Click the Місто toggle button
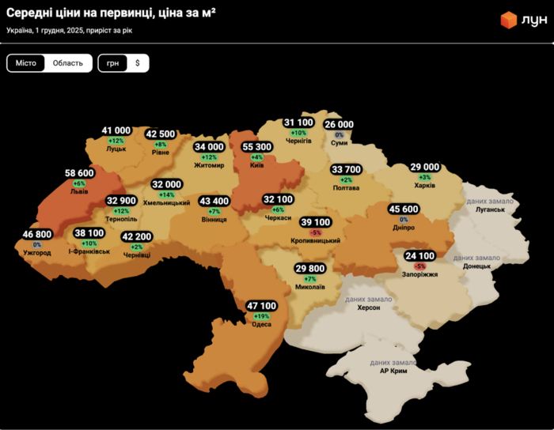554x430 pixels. [x=26, y=63]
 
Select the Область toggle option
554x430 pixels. [x=68, y=63]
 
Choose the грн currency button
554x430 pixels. [x=112, y=63]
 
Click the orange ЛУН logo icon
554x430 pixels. [x=508, y=20]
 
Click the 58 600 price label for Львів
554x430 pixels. [x=79, y=173]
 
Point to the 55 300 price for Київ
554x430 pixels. [x=256, y=147]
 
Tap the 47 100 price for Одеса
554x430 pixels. [x=261, y=306]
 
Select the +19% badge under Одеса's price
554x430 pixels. [x=261, y=316]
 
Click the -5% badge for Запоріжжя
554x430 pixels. [x=419, y=266]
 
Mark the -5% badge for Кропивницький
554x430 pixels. [x=315, y=233]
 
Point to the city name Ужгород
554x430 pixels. [x=37, y=253]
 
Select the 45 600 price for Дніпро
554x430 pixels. [x=404, y=209]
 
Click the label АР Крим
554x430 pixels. [x=393, y=371]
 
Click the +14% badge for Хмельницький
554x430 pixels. [x=167, y=194]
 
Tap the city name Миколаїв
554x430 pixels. [x=309, y=288]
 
